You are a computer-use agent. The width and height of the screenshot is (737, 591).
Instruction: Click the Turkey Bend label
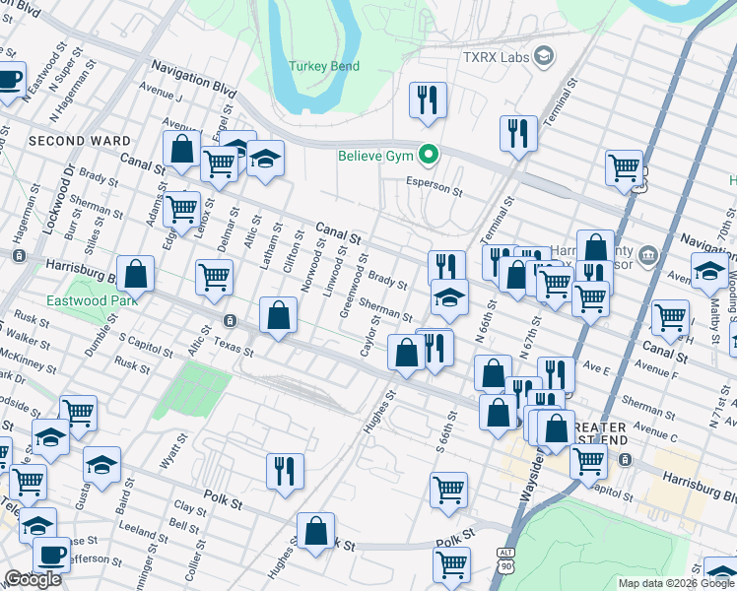[x=324, y=67]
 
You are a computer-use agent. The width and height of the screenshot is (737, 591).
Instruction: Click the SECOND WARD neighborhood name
[x=80, y=141]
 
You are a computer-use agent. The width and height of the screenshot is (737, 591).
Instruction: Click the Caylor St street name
[x=370, y=338]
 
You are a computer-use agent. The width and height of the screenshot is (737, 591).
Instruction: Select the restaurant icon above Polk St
[x=285, y=470]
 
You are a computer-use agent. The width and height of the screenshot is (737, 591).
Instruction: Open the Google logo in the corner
[x=33, y=580]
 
